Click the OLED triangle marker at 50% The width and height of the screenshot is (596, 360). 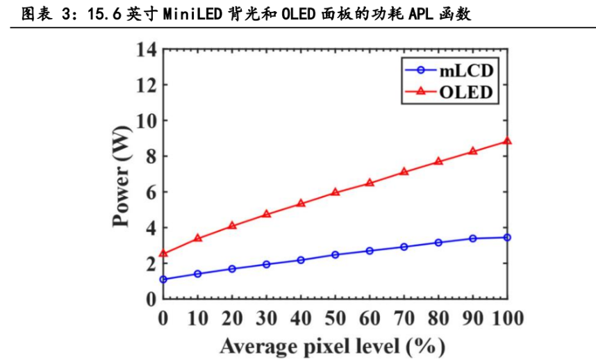335,192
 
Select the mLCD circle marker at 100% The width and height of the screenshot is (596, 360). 507,238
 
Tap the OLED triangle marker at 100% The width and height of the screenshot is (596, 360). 507,141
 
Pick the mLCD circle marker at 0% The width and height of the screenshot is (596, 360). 163,279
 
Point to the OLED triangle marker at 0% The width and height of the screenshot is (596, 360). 163,254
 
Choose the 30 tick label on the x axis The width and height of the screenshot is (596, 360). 266,318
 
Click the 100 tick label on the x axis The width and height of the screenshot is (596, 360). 507,318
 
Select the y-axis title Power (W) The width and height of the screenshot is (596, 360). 122,174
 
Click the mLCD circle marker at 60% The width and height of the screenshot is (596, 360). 370,250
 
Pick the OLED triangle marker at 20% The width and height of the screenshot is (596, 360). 232,226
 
